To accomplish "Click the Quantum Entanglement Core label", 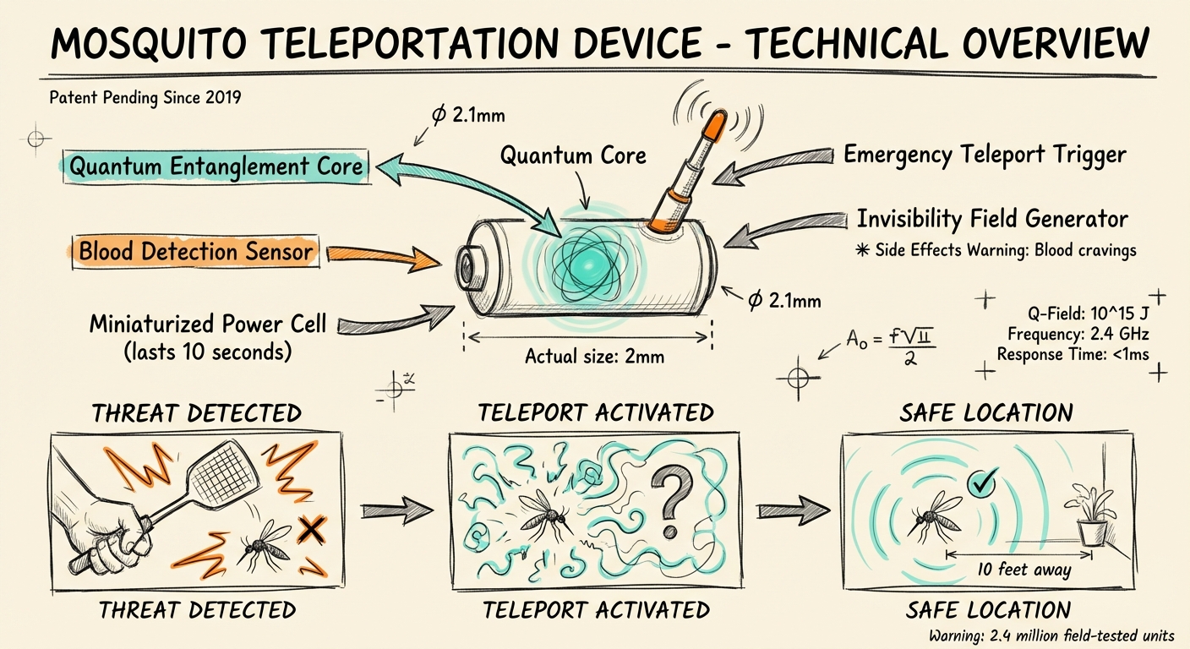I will [x=216, y=166].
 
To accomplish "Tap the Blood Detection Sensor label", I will [x=196, y=251].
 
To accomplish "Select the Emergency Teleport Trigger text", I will [x=985, y=155].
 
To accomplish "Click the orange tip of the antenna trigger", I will [x=712, y=124].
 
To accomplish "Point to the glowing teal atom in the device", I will [x=582, y=265].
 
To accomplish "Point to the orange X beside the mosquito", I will [x=313, y=530].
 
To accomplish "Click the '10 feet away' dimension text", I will [x=1024, y=569].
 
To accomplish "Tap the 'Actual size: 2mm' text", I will [x=594, y=356].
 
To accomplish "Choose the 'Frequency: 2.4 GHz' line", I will [x=1078, y=334].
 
